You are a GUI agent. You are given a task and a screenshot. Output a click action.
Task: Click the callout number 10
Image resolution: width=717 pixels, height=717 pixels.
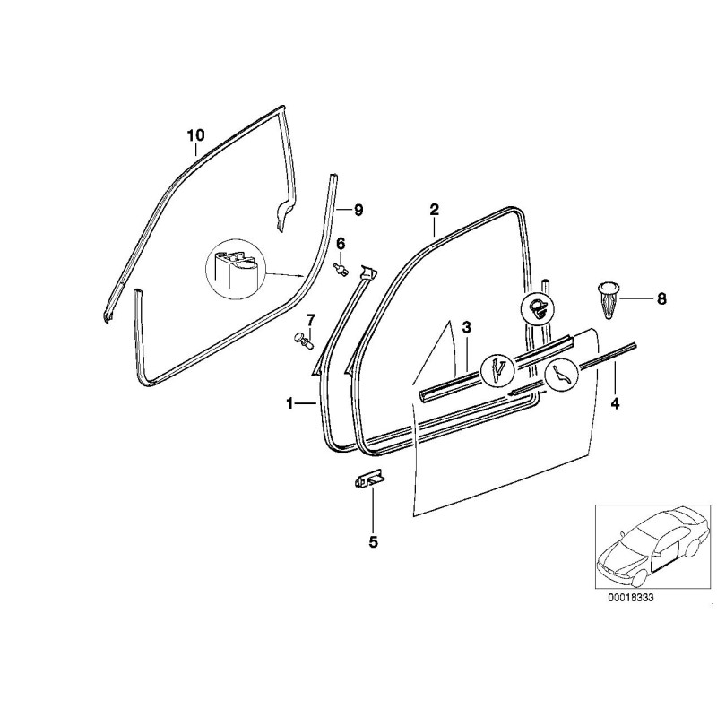tap(196, 135)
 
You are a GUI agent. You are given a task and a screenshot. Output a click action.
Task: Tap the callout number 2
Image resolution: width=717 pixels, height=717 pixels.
tap(434, 210)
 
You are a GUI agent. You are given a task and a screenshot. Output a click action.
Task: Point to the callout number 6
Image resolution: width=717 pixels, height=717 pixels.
tap(341, 244)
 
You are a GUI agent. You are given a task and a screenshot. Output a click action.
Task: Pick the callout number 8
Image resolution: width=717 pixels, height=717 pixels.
tap(661, 298)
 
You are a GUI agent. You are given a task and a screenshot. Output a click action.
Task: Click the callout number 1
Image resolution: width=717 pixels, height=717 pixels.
tap(290, 404)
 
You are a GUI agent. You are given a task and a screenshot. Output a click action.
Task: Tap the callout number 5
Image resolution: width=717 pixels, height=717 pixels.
tap(373, 541)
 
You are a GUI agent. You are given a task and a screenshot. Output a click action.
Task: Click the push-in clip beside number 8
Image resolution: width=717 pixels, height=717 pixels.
tap(607, 299)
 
